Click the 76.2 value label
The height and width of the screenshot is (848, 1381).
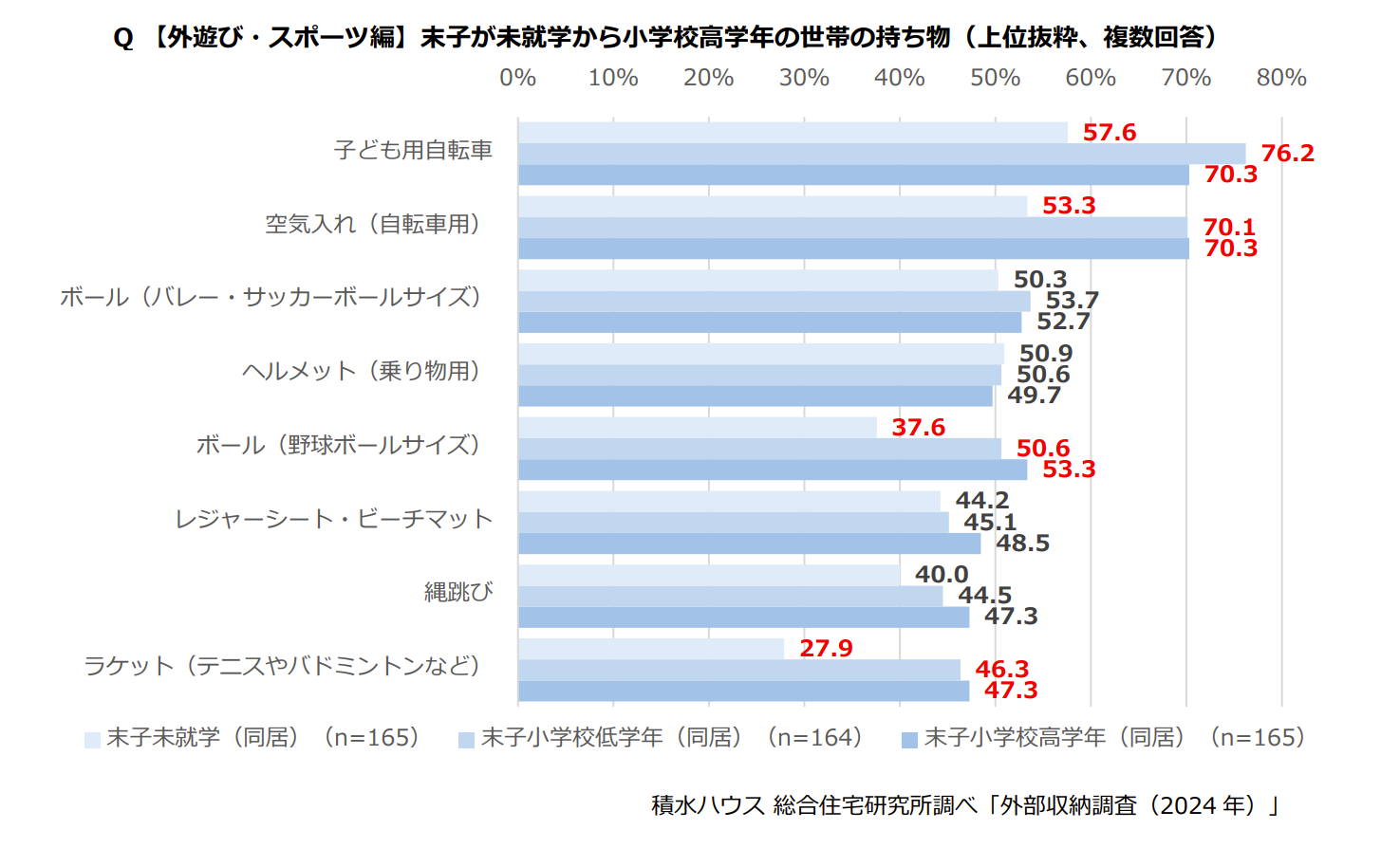point(1287,154)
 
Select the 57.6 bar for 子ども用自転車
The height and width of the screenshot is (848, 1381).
point(793,133)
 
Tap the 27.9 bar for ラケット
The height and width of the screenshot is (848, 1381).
point(651,649)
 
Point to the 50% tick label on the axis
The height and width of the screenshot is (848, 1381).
point(995,78)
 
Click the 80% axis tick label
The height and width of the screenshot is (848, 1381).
point(1281,78)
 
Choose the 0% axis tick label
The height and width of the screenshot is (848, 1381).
point(518,78)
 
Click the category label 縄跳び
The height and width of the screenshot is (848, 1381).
point(458,593)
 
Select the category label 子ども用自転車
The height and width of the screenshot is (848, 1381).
point(414,151)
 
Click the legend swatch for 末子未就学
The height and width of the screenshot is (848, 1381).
point(92,740)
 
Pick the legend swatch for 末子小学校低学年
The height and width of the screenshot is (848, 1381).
point(466,740)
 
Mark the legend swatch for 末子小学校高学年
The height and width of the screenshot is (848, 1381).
point(909,740)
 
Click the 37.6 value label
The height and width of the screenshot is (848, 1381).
point(918,428)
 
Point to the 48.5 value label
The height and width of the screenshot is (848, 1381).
point(1022,544)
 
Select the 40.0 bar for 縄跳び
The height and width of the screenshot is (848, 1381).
point(709,575)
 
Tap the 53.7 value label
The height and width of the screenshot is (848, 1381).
point(1072,301)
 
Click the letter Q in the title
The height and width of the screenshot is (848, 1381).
point(123,38)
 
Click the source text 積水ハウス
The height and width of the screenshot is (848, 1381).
point(708,805)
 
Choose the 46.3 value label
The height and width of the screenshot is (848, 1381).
point(1001,670)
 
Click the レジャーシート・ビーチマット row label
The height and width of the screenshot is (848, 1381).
point(334,519)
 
